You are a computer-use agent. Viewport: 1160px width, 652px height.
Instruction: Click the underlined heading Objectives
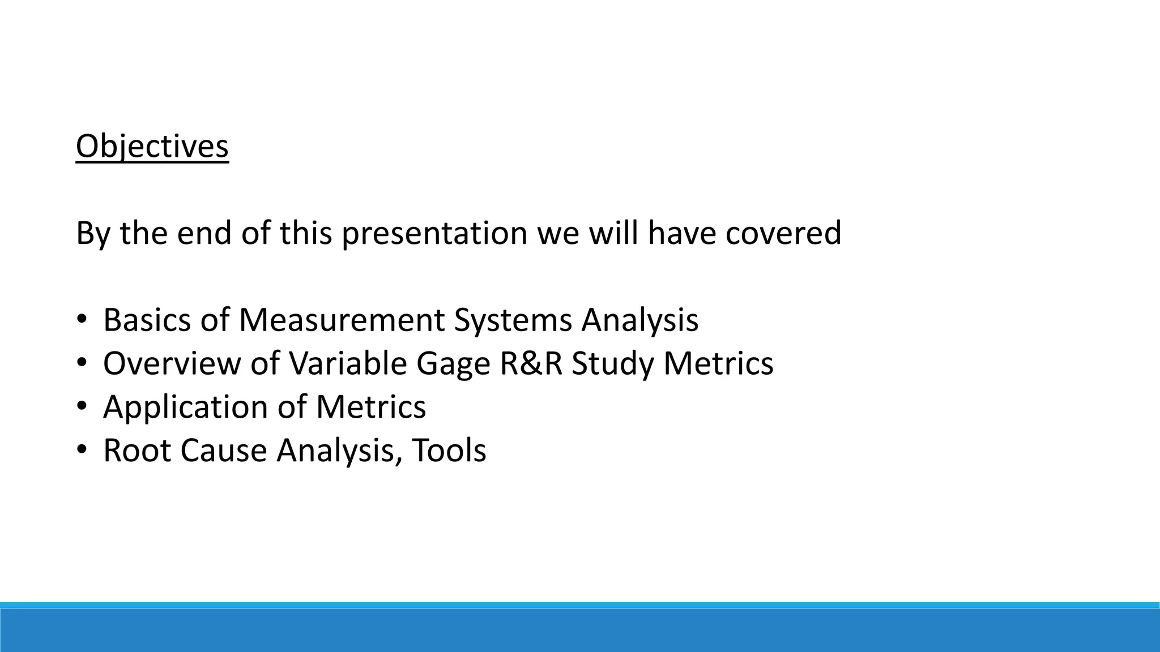(152, 147)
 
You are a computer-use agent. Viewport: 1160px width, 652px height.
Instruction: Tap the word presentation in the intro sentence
(434, 233)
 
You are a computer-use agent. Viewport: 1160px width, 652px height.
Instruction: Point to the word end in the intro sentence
(204, 233)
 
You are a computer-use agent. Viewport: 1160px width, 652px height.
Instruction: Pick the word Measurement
(342, 320)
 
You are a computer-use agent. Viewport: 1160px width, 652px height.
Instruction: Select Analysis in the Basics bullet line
(640, 321)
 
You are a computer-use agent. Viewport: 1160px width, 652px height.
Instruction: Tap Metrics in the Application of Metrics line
(371, 407)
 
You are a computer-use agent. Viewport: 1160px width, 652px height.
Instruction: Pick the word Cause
(224, 451)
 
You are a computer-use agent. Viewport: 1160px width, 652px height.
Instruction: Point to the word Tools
(449, 451)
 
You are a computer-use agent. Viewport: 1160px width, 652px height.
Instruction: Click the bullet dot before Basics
(82, 320)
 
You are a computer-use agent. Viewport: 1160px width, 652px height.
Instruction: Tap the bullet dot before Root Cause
(82, 451)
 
